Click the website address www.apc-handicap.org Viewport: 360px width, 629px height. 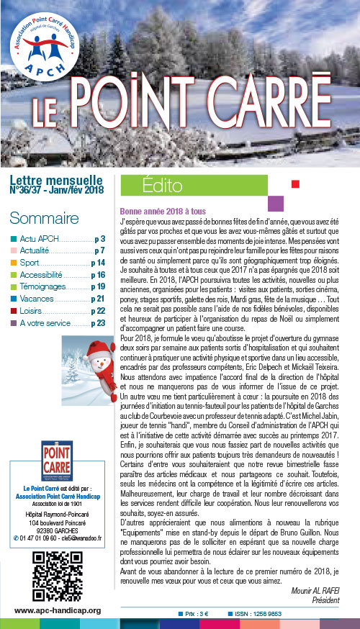pos(58,610)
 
